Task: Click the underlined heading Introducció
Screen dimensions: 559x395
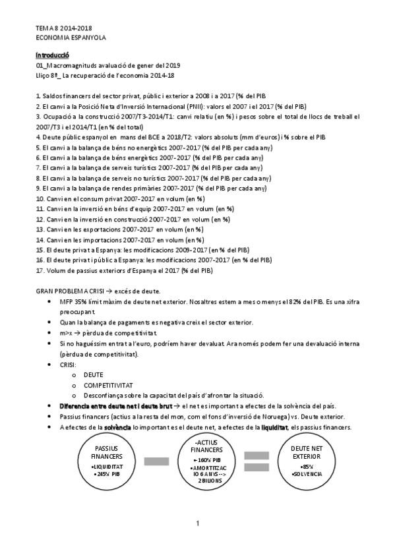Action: [x=52, y=55]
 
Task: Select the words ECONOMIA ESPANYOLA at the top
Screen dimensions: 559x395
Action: [x=71, y=38]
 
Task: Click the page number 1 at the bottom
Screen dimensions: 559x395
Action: [x=197, y=523]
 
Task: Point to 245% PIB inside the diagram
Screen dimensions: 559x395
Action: [x=105, y=473]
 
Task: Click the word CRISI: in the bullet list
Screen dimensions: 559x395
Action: [x=68, y=364]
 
